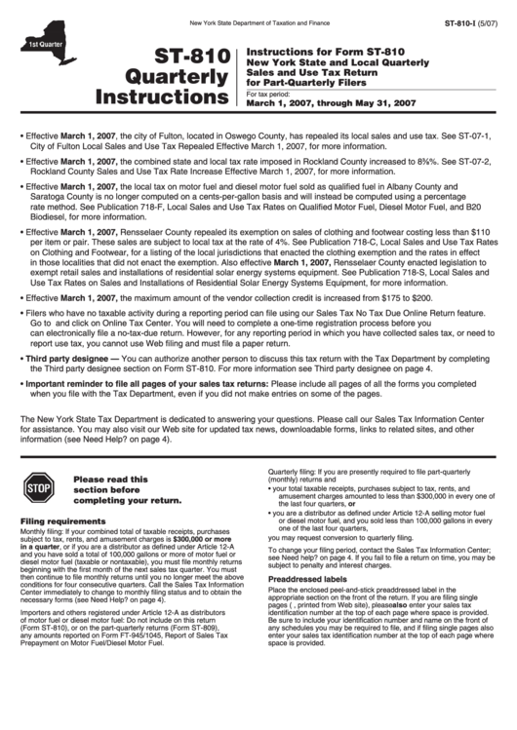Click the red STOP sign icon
pyautogui.click(x=38, y=484)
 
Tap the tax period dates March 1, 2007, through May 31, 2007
pyautogui.click(x=332, y=102)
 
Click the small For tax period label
pyautogui.click(x=269, y=94)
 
